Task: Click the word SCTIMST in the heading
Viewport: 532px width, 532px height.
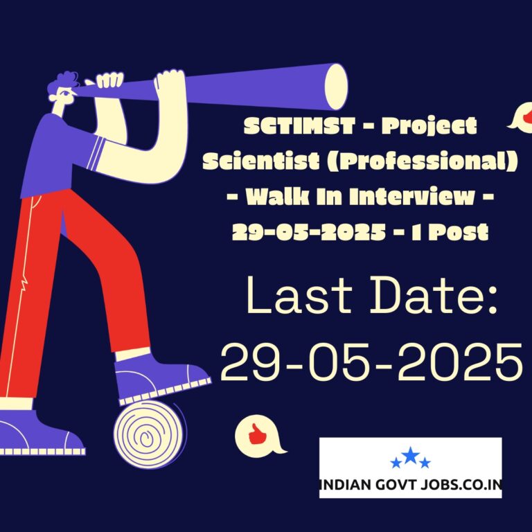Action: coord(299,126)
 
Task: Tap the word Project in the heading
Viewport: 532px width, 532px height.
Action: coord(429,127)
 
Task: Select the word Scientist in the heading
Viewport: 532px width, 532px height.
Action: coord(261,161)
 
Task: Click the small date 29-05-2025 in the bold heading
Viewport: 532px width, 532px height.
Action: coord(309,233)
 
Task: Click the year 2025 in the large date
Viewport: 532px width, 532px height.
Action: coord(460,362)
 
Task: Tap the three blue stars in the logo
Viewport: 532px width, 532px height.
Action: coord(411,458)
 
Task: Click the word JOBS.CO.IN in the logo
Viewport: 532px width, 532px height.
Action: coord(461,484)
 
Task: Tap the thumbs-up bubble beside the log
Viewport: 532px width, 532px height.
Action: coord(258,435)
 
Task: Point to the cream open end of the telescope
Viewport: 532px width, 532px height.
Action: coord(336,87)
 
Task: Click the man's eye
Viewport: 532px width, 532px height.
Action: coord(66,92)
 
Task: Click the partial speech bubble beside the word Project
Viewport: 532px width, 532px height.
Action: coord(521,116)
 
